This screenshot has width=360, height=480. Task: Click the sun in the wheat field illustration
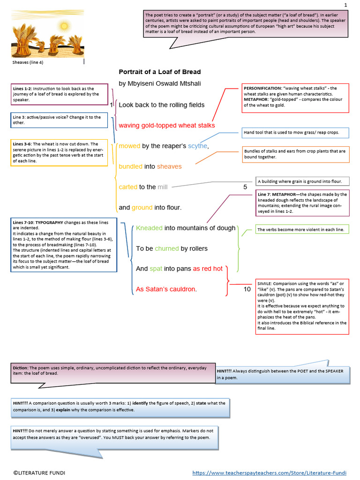pyautogui.click(x=64, y=25)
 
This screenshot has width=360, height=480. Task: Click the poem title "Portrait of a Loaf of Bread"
pyautogui.click(x=159, y=72)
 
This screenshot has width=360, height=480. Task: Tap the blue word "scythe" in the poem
pyautogui.click(x=197, y=146)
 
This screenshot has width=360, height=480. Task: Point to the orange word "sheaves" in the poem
pyautogui.click(x=169, y=166)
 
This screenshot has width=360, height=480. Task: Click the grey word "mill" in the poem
pyautogui.click(x=163, y=187)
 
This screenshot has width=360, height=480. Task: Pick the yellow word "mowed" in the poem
pyautogui.click(x=129, y=146)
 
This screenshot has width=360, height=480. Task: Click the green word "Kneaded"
pyautogui.click(x=149, y=228)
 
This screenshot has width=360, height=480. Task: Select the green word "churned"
pyautogui.click(x=164, y=248)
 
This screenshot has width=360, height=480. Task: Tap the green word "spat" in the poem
pyautogui.click(x=156, y=269)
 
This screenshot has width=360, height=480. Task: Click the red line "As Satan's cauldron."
pyautogui.click(x=166, y=289)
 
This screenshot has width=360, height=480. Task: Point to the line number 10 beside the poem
pyautogui.click(x=247, y=289)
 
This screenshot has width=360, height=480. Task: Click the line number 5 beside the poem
pyautogui.click(x=245, y=187)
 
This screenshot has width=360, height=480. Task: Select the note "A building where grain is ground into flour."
pyautogui.click(x=303, y=181)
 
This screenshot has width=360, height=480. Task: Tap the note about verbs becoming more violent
pyautogui.click(x=300, y=230)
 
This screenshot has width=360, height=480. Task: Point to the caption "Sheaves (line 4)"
pyautogui.click(x=28, y=62)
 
